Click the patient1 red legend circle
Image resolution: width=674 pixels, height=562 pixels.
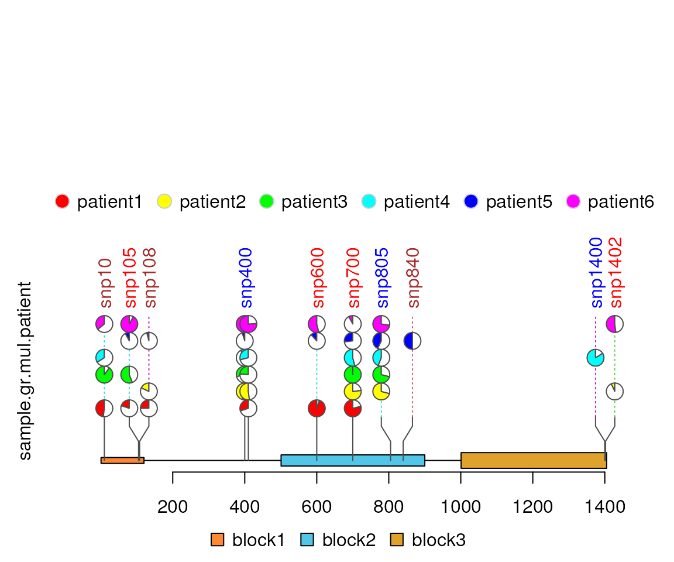(62, 201)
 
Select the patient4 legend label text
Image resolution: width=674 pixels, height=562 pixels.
(417, 202)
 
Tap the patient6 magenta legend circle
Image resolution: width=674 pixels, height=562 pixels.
(573, 201)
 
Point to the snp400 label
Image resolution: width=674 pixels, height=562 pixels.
(246, 278)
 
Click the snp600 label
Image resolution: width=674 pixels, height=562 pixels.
(318, 278)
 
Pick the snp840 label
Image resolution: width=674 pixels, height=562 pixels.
(413, 278)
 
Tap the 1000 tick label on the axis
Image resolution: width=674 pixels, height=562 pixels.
(461, 506)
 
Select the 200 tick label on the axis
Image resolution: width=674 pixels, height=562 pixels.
(173, 506)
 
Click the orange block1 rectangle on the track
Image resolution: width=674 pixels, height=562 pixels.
(122, 460)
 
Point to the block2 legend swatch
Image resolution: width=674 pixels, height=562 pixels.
(308, 540)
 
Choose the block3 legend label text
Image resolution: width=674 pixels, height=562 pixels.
(439, 540)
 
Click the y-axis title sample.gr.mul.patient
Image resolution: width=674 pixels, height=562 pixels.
(25, 371)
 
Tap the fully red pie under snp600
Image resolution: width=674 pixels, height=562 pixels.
(317, 408)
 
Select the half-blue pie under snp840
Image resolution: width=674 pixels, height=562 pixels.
(412, 341)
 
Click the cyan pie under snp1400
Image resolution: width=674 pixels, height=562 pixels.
(595, 358)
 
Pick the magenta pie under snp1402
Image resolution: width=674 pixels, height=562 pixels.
(614, 324)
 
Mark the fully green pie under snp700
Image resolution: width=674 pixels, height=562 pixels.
(352, 374)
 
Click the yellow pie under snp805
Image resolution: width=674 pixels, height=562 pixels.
(381, 391)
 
